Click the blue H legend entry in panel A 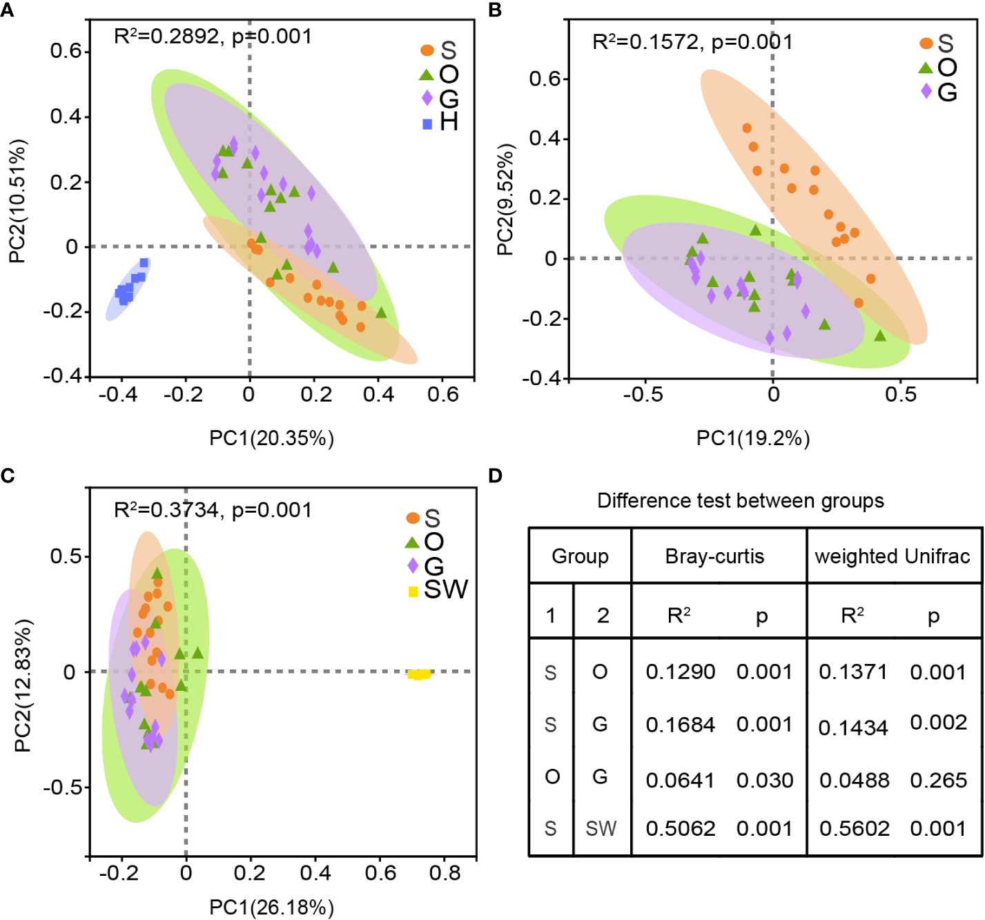click(440, 123)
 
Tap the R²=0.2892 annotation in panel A click(213, 36)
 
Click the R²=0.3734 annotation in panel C click(213, 510)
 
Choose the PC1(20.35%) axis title click(271, 438)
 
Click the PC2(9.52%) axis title click(505, 200)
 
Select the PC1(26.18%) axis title click(271, 907)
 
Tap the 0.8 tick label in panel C click(445, 873)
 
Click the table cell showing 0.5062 click(680, 828)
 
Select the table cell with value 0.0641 click(680, 780)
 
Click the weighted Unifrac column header click(893, 556)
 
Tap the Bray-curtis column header click(714, 556)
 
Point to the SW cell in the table click(601, 828)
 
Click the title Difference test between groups click(740, 500)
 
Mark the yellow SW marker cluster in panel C click(419, 674)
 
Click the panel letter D click(495, 476)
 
